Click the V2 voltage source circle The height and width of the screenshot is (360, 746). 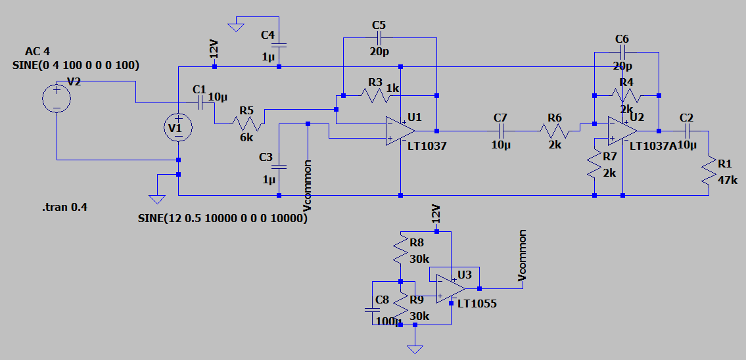pyautogui.click(x=57, y=99)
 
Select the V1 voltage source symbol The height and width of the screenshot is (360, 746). pyautogui.click(x=178, y=127)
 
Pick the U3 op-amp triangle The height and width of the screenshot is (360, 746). pyautogui.click(x=451, y=288)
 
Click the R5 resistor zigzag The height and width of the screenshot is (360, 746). pyautogui.click(x=247, y=124)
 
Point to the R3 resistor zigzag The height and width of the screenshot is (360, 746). pyautogui.click(x=375, y=96)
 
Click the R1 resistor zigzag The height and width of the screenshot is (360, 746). pyautogui.click(x=709, y=170)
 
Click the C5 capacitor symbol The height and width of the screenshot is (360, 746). pyautogui.click(x=380, y=37)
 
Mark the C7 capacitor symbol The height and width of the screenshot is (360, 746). pyautogui.click(x=501, y=130)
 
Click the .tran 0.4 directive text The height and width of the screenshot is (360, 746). pyautogui.click(x=64, y=208)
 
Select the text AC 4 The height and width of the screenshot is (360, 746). pyautogui.click(x=37, y=51)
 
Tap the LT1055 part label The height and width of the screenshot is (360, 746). pyautogui.click(x=477, y=304)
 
